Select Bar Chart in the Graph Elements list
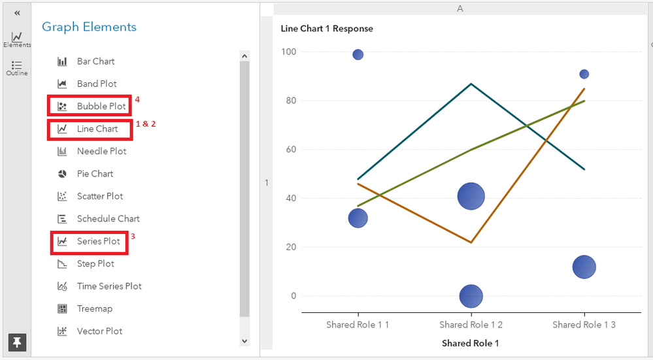[x=95, y=61]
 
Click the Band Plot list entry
[x=97, y=84]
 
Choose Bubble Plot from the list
[x=101, y=106]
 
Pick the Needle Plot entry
[x=101, y=151]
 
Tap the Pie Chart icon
[x=63, y=174]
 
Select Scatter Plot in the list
[x=99, y=196]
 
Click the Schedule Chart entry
[x=108, y=219]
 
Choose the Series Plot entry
[x=98, y=241]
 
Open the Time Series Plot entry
[x=109, y=286]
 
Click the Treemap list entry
[x=94, y=308]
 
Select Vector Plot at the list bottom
[x=99, y=331]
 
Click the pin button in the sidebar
[x=17, y=342]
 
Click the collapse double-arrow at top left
[x=17, y=13]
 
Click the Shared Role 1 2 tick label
[x=471, y=325]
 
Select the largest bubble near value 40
[x=471, y=196]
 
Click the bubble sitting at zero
[x=471, y=296]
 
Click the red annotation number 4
[x=137, y=100]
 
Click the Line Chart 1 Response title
[x=327, y=29]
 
